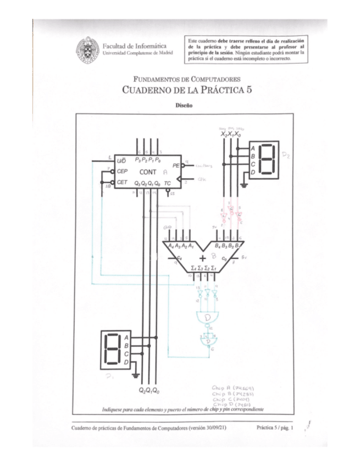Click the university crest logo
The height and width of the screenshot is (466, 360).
(x=88, y=49)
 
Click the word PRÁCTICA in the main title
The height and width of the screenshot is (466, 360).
(x=212, y=90)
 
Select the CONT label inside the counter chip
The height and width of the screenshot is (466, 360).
(x=145, y=171)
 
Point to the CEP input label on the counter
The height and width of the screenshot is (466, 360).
(x=122, y=171)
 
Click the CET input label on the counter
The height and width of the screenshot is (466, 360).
(x=122, y=181)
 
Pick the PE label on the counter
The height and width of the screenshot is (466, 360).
(x=176, y=164)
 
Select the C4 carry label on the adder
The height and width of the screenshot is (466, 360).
(x=178, y=257)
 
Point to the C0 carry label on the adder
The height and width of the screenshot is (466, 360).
(x=224, y=257)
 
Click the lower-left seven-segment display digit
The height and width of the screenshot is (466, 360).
(x=113, y=349)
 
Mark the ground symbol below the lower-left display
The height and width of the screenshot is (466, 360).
(x=135, y=375)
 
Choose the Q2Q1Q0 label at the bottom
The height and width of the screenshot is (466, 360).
(x=150, y=390)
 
